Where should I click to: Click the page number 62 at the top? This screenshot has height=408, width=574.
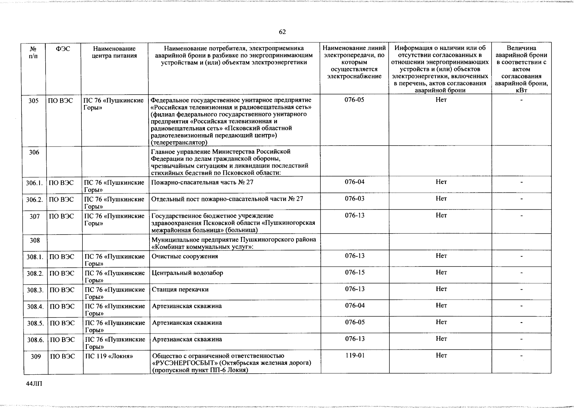click(282, 32)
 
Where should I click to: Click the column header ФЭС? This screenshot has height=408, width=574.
click(63, 49)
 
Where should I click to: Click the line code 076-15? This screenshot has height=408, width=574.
click(355, 273)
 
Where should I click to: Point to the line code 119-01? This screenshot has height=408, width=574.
click(355, 356)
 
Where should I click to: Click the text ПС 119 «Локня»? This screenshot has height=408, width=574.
click(109, 356)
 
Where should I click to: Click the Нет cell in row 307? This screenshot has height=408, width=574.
click(441, 215)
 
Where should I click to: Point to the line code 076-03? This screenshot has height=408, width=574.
click(354, 199)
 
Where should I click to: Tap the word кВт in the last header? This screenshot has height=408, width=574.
click(521, 90)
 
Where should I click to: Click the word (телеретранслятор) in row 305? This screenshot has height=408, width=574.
click(179, 142)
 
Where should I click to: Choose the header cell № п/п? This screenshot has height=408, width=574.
click(33, 52)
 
